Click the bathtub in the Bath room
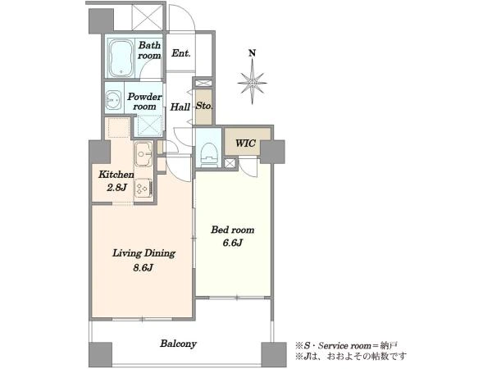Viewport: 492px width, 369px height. (121, 58)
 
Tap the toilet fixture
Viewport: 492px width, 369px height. (208, 154)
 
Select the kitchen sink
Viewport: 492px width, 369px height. (143, 154)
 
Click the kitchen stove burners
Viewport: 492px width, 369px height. (143, 188)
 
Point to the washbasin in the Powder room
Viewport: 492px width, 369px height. (113, 100)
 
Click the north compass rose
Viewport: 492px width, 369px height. (252, 82)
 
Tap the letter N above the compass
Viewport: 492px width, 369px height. (252, 53)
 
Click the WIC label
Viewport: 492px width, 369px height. (245, 143)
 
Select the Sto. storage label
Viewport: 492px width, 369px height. (204, 106)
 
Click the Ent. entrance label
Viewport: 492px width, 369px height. (181, 53)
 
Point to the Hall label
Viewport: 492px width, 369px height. (180, 107)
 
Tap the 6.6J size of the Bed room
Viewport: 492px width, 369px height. (233, 243)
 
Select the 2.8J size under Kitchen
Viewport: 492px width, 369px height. (116, 187)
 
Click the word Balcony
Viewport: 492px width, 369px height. (178, 344)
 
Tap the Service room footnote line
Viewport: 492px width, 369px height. (346, 346)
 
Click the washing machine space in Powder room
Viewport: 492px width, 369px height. (150, 125)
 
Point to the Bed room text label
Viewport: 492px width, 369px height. (233, 230)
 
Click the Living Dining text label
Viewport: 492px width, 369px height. (143, 253)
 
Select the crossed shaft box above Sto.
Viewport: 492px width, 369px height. (204, 84)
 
